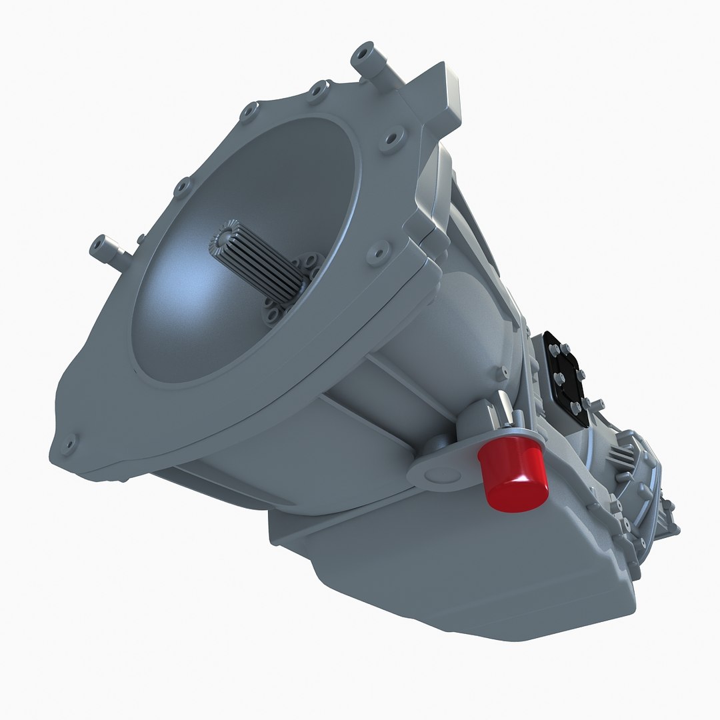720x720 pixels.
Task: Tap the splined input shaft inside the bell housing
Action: [257, 260]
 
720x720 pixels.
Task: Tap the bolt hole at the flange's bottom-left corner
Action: [68, 443]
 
